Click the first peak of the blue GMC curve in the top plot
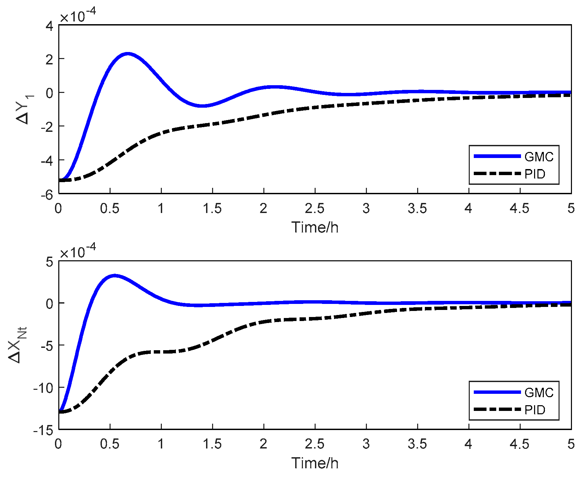(x=127, y=54)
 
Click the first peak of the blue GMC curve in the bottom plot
(x=115, y=276)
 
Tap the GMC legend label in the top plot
(x=539, y=157)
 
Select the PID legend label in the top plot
(x=535, y=174)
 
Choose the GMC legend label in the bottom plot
(x=539, y=392)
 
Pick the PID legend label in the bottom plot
(x=535, y=410)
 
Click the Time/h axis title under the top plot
(x=315, y=227)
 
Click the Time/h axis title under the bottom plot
(x=315, y=463)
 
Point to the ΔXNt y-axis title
(x=17, y=346)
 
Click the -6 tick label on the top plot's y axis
(x=47, y=195)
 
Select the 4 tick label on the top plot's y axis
(x=50, y=26)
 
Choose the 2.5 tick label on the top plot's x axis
(x=315, y=209)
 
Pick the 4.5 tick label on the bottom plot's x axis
(x=519, y=444)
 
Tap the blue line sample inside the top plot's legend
(x=497, y=156)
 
